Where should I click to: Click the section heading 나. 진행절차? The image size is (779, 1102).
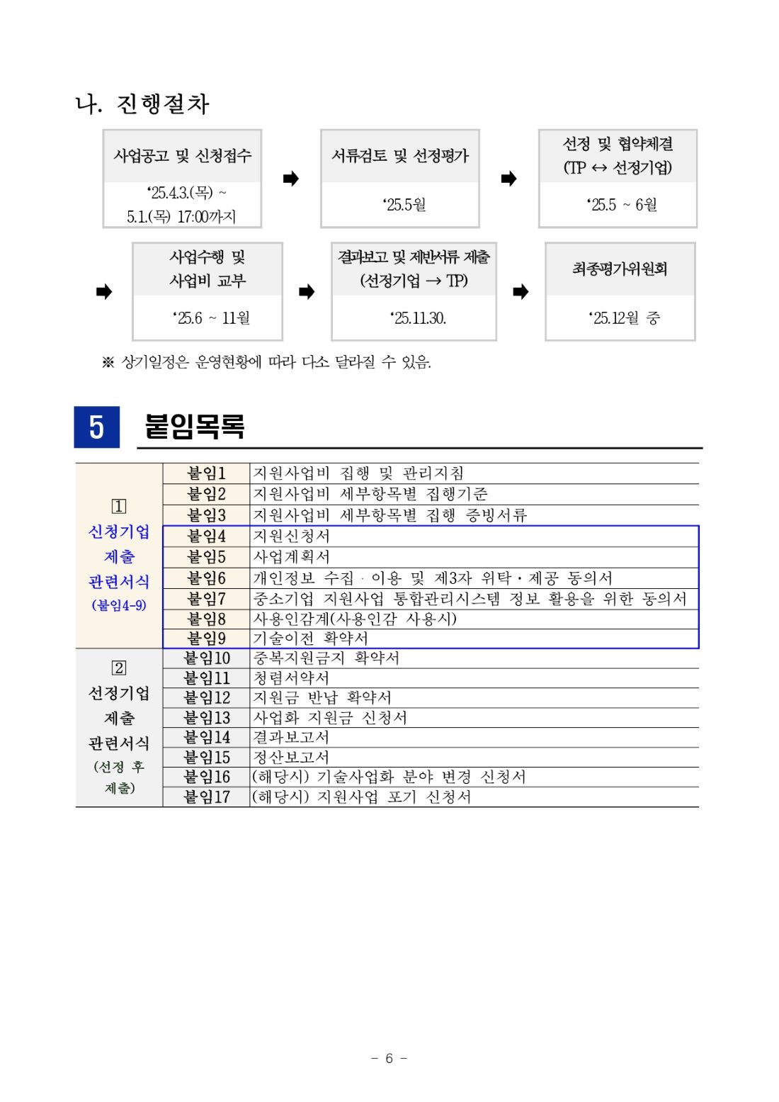[x=142, y=104]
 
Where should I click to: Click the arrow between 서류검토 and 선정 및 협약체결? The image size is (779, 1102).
[x=508, y=179]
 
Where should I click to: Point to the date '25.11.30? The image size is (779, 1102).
[x=418, y=318]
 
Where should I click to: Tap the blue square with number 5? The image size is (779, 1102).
[x=97, y=427]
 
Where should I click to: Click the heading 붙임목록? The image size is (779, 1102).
[x=195, y=427]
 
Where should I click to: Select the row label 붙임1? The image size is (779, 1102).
[x=206, y=473]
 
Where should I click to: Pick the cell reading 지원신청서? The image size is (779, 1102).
[x=292, y=536]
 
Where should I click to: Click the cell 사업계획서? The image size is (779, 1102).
[x=292, y=557]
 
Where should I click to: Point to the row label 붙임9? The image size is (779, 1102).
[x=206, y=639]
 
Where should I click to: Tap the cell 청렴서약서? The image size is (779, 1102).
[x=291, y=678]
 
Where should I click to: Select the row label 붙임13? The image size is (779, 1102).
[x=206, y=718]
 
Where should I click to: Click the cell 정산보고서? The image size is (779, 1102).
[x=291, y=758]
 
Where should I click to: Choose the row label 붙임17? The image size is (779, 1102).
[x=206, y=797]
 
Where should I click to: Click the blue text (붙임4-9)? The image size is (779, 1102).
[x=119, y=605]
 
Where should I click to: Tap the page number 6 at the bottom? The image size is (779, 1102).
[x=389, y=1058]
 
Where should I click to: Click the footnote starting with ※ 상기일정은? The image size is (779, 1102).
[x=267, y=363]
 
